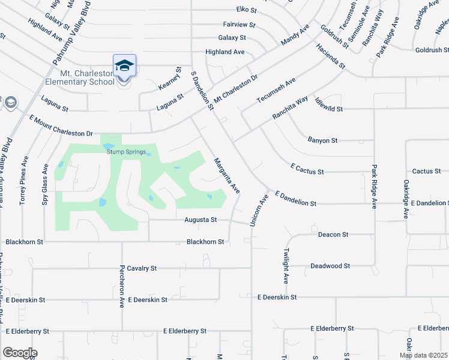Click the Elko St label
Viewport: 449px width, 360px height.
click(246, 10)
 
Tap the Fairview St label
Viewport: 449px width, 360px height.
click(239, 26)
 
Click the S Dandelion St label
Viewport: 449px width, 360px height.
click(202, 91)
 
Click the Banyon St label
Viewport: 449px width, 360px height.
click(322, 140)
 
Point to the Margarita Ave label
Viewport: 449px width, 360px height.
click(228, 176)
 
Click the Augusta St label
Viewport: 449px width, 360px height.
click(200, 220)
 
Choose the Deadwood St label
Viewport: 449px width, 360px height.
click(330, 266)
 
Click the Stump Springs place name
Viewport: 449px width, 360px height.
click(126, 152)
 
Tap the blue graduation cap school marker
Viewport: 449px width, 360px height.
click(124, 66)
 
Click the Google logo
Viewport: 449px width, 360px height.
click(20, 352)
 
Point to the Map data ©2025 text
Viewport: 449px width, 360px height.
click(423, 355)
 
